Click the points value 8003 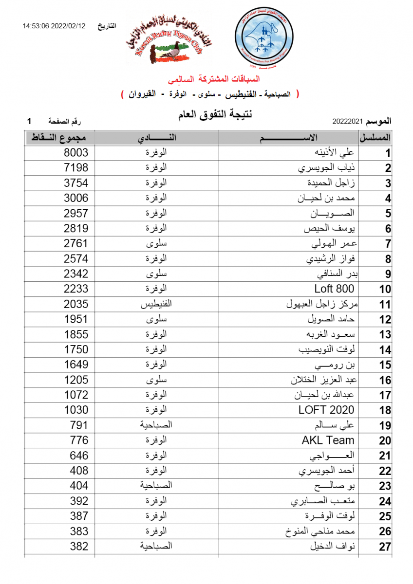coord(76,153)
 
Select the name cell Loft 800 coord(334,289)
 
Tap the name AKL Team coord(328,440)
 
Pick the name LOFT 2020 coord(326,410)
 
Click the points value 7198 coord(76,168)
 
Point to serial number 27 coord(385,547)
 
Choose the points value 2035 coord(76,304)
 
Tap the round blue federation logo coord(264,38)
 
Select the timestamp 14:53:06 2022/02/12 coord(54,26)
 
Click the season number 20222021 coord(348,121)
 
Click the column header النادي coord(156,138)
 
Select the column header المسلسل coord(376,138)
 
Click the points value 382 coord(76,547)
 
